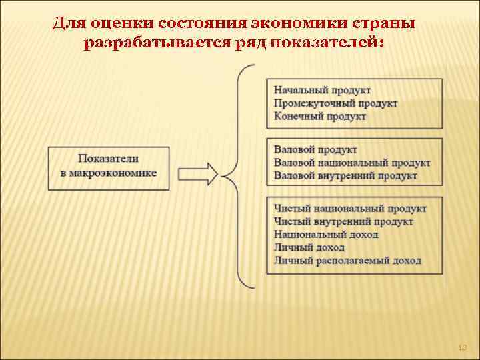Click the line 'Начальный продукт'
tap(322, 90)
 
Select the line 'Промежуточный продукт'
tap(335, 103)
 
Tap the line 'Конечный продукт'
tap(320, 116)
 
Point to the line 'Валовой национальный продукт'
tap(352, 163)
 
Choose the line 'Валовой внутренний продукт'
tap(345, 175)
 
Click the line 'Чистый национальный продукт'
tap(350, 209)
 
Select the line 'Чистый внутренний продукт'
tap(343, 221)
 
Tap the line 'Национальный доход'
tap(326, 235)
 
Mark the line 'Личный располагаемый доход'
tap(347, 261)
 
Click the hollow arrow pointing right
tap(199, 173)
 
